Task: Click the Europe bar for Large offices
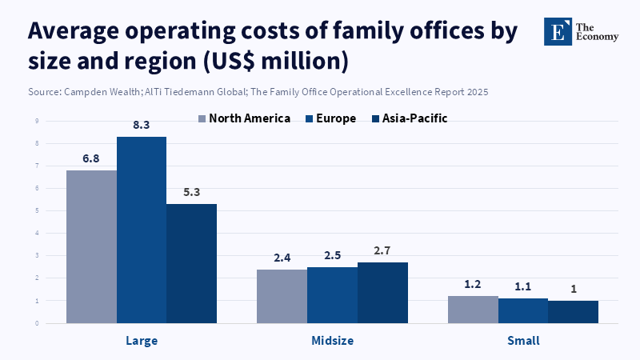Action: point(142,230)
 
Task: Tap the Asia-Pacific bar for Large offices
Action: point(191,264)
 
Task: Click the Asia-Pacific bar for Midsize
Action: point(382,293)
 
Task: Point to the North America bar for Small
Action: point(473,310)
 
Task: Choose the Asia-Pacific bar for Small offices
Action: point(573,312)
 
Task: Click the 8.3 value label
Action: point(142,125)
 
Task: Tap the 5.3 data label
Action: point(191,192)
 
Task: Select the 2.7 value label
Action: point(382,250)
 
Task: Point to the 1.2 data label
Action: point(473,284)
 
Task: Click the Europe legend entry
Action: point(330,118)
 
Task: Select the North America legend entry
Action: point(244,118)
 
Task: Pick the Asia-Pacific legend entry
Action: point(408,118)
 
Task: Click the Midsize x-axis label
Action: point(332,341)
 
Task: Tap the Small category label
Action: point(523,341)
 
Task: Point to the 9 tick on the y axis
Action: point(37,121)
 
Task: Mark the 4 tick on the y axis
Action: point(37,234)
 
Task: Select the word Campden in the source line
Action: point(82,92)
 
